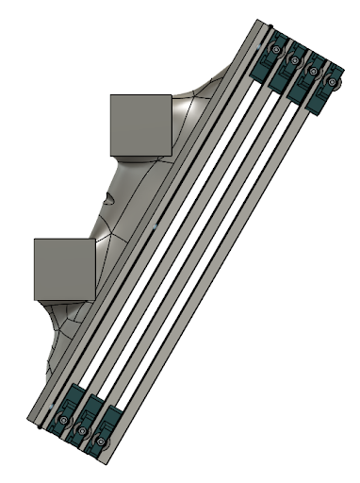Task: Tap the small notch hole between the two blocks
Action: pos(111,198)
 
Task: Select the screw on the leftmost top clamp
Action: pos(276,49)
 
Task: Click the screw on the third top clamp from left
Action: pos(313,72)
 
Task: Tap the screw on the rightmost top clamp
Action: pos(331,83)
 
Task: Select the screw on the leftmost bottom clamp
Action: pos(64,420)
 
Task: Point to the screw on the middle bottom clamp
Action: pos(82,431)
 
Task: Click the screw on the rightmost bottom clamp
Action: pos(101,441)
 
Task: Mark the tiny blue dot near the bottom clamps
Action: pos(51,406)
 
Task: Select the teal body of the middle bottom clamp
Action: pos(90,415)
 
